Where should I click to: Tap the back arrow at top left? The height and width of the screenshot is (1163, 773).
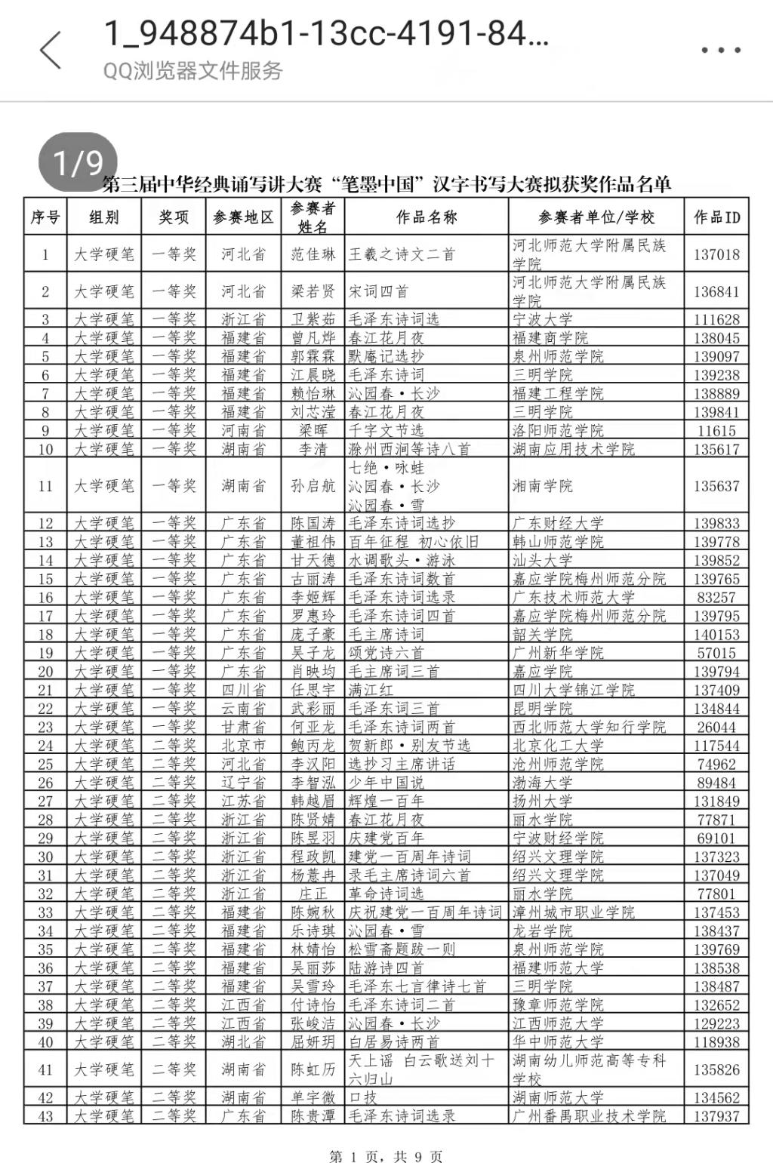[51, 51]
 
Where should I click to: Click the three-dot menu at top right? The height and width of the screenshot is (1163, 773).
[720, 51]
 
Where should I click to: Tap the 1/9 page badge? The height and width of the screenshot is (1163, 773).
[78, 162]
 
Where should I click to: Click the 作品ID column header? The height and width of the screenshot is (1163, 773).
[716, 217]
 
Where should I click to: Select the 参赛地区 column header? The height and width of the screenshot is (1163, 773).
[243, 217]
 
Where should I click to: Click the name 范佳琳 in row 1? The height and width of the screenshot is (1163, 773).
[313, 254]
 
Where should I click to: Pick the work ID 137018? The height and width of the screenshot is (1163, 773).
[716, 254]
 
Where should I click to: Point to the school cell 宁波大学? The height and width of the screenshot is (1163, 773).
[543, 319]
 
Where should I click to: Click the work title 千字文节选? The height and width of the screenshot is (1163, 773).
[386, 430]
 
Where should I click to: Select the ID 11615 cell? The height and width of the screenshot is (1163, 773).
[716, 430]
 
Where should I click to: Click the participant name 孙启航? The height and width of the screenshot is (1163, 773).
[313, 486]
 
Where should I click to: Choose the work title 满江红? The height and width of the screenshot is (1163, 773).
[371, 690]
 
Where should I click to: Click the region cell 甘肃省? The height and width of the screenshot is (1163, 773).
[243, 727]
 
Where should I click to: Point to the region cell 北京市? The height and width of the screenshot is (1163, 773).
[243, 746]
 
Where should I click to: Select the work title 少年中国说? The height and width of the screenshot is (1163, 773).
[386, 783]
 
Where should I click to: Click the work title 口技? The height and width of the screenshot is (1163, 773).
[363, 1097]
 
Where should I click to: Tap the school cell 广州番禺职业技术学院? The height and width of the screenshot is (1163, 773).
[589, 1115]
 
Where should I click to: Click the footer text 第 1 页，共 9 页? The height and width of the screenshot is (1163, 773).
[386, 1156]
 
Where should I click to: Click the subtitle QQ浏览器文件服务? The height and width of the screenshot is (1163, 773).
[193, 71]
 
